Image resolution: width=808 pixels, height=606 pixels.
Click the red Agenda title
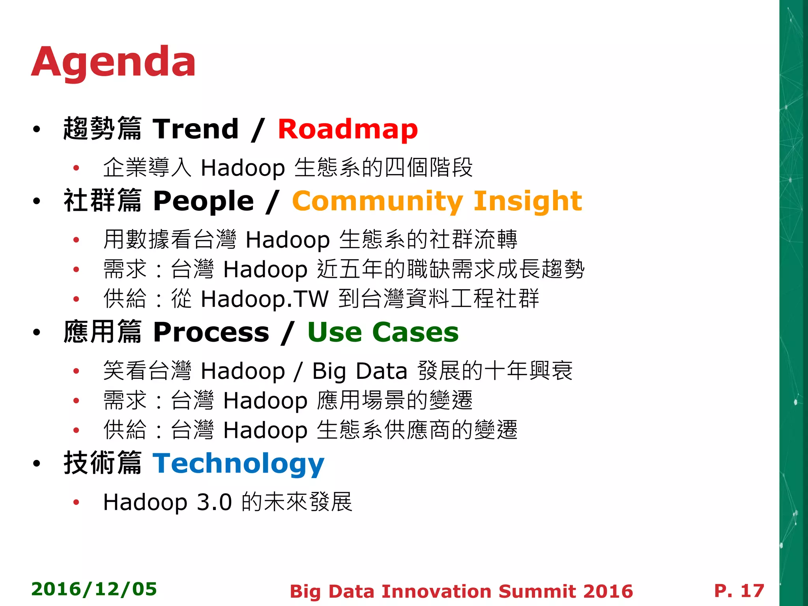tap(114, 62)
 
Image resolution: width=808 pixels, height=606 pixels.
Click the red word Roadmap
tap(348, 129)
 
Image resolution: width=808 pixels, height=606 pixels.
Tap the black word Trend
tap(196, 129)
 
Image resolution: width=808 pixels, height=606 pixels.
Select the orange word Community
tap(377, 201)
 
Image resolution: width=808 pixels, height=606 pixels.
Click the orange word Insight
tap(527, 201)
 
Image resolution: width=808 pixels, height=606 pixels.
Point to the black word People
tap(204, 201)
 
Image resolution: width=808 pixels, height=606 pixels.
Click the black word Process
tap(211, 332)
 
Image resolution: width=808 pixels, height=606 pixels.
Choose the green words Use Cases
tap(383, 332)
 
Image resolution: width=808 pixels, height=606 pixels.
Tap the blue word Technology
tap(238, 464)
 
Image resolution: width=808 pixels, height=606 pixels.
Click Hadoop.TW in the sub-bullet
tap(264, 299)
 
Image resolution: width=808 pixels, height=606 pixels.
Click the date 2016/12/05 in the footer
tap(94, 589)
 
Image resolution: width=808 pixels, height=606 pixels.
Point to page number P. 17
tap(739, 591)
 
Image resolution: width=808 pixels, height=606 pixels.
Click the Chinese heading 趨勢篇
tap(103, 129)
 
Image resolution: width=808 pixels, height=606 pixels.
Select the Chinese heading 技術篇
tap(103, 463)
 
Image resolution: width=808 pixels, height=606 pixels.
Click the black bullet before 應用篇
tap(37, 333)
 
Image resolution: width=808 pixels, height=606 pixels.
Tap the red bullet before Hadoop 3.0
tap(76, 502)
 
